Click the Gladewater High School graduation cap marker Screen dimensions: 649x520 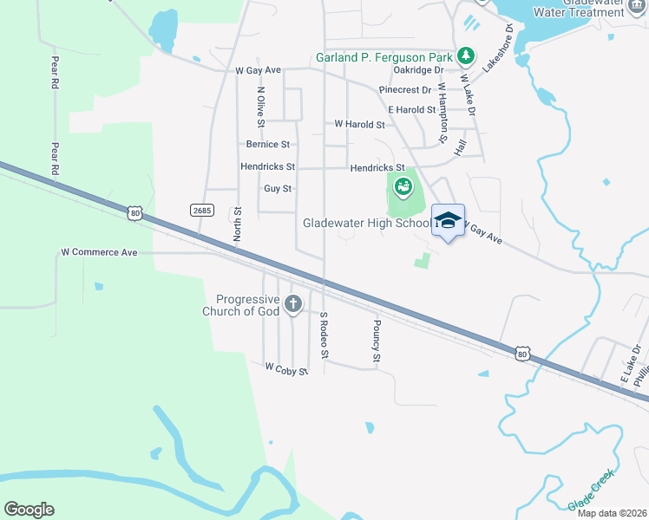tap(448, 220)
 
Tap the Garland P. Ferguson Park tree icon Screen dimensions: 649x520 tap(467, 56)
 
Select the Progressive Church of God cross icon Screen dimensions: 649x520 tap(293, 303)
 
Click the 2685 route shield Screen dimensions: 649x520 tap(200, 210)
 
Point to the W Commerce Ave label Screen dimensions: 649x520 tap(99, 253)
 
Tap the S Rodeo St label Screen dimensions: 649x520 tap(324, 335)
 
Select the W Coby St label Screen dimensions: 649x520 tap(286, 370)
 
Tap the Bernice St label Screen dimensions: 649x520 tap(268, 145)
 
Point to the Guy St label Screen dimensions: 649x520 tap(278, 188)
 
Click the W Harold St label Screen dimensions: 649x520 tap(359, 124)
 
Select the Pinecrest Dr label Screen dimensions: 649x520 tap(405, 89)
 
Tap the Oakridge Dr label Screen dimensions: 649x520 tap(417, 70)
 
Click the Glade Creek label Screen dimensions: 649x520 tap(591, 490)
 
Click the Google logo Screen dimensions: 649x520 tap(29, 510)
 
